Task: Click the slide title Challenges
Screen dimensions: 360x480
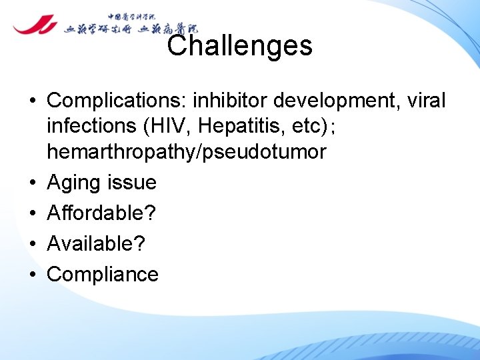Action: [x=239, y=46]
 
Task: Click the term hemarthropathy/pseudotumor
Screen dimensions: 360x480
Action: [x=186, y=152]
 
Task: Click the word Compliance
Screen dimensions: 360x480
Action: [x=103, y=274]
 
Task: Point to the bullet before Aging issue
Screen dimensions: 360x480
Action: [x=32, y=183]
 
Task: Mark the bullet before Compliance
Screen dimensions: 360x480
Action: [x=32, y=275]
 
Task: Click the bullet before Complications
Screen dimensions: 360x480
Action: [x=32, y=101]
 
